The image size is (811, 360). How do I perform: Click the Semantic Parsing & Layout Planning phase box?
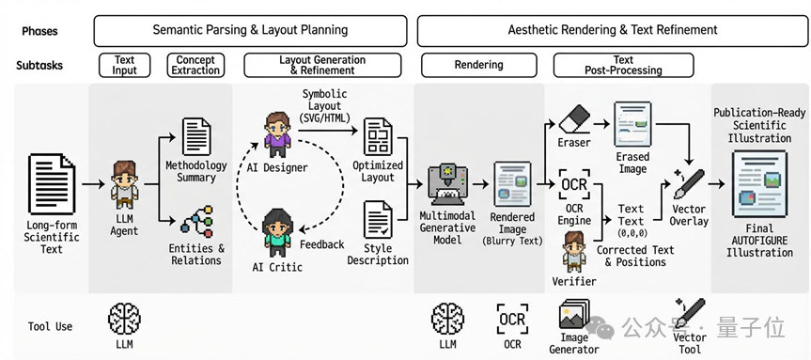click(250, 30)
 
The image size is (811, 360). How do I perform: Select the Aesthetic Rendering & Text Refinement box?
click(613, 30)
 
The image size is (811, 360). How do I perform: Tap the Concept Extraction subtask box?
click(195, 66)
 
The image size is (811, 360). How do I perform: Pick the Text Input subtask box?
click(124, 66)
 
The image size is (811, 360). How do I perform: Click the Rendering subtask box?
click(478, 66)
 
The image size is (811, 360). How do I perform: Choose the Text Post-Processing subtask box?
click(623, 66)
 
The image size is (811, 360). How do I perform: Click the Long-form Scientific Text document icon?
click(52, 183)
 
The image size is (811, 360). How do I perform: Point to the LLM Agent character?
click(125, 184)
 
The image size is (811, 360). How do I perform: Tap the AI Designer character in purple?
click(278, 134)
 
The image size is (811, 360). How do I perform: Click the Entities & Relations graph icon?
click(196, 222)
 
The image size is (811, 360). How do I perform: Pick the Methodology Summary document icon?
click(196, 136)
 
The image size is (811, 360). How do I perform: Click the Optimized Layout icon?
click(378, 136)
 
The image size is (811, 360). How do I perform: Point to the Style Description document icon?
click(378, 220)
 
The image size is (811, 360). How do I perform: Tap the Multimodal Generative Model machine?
click(447, 185)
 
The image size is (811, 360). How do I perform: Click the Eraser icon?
click(574, 118)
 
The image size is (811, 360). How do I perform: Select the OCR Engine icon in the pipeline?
click(574, 184)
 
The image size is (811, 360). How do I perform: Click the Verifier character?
click(573, 252)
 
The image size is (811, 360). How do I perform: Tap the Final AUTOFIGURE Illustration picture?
click(759, 183)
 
